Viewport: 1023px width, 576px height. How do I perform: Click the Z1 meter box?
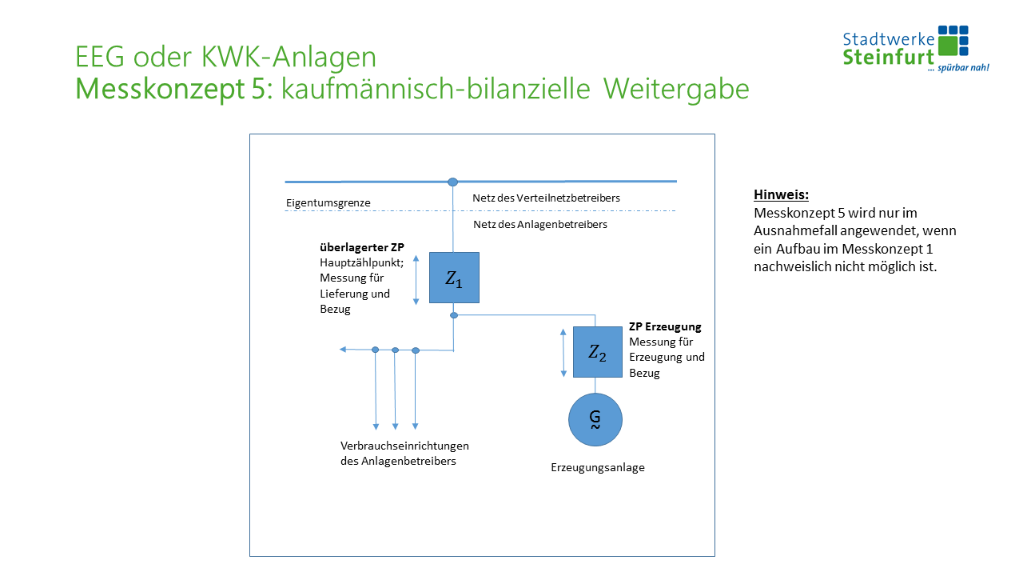(x=454, y=278)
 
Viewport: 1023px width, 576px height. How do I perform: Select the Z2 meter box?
(x=597, y=352)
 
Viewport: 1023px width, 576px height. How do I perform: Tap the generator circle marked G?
(x=595, y=420)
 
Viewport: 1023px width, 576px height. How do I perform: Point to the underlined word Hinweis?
(x=782, y=194)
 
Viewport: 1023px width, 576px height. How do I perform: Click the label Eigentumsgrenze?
(x=328, y=203)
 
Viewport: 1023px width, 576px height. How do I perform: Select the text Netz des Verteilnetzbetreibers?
(x=546, y=198)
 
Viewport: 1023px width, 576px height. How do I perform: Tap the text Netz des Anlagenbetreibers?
(x=540, y=225)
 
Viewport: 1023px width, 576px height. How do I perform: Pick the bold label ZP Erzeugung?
(x=665, y=327)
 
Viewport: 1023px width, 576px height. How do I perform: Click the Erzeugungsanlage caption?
(x=597, y=468)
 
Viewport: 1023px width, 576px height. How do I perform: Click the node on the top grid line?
(x=453, y=182)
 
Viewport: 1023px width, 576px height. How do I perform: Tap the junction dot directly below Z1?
(x=454, y=315)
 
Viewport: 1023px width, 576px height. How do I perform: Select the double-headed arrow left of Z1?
(x=416, y=278)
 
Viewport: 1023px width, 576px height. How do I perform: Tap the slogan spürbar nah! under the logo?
(x=958, y=68)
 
